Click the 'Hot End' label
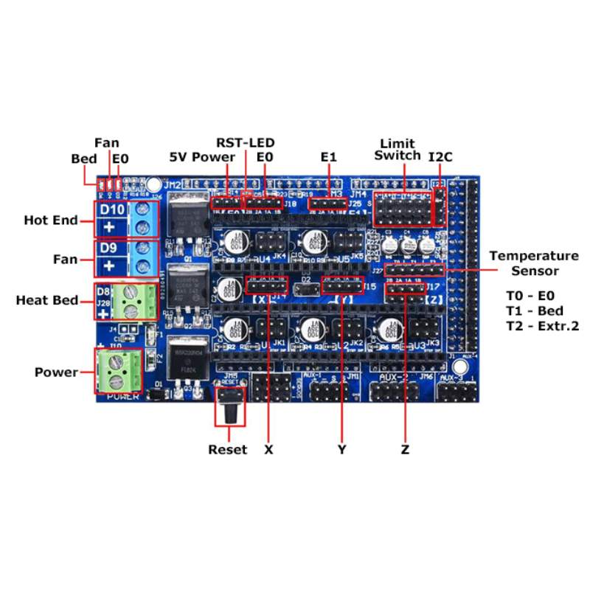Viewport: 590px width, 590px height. [x=50, y=220]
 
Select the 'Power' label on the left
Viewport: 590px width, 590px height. [x=56, y=372]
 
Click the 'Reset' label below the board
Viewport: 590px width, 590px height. [x=228, y=449]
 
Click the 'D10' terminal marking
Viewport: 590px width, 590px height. [x=111, y=209]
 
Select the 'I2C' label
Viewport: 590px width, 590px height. [x=440, y=156]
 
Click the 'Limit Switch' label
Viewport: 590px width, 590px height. [x=398, y=149]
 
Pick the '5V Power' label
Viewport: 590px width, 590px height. [x=202, y=156]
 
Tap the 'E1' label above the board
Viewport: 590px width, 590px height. [x=329, y=156]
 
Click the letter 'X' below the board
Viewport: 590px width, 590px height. [x=268, y=449]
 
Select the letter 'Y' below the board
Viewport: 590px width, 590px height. [x=342, y=449]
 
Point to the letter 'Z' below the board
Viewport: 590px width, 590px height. [x=405, y=449]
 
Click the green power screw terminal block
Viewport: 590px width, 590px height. [x=119, y=372]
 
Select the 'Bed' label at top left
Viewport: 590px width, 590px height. [x=83, y=159]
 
